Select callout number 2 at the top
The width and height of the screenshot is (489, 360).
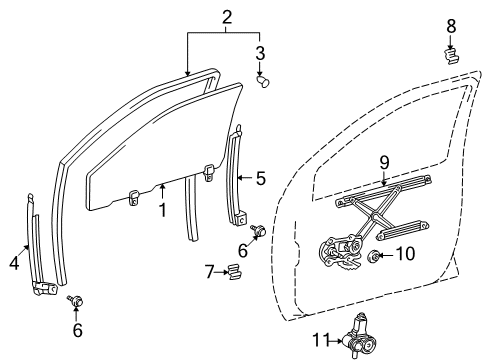pyautogui.click(x=227, y=17)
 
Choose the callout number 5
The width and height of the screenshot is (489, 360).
pyautogui.click(x=260, y=179)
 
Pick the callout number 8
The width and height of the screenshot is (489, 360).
pyautogui.click(x=450, y=24)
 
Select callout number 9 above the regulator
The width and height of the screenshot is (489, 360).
pyautogui.click(x=383, y=162)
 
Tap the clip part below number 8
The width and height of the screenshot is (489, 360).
pyautogui.click(x=452, y=53)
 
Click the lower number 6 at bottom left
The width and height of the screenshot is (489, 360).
pyautogui.click(x=77, y=328)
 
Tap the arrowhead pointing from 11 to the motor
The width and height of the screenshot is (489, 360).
pyautogui.click(x=343, y=340)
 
